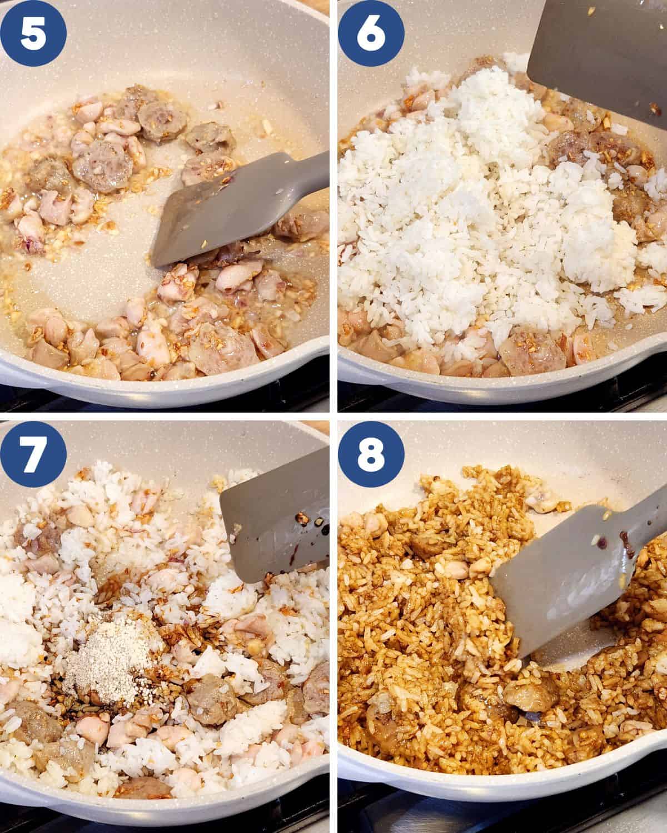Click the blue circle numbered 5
33,33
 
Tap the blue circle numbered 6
371,33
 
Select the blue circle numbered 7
33,454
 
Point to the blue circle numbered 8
371,454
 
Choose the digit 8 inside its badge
371,454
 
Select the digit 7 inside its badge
33,454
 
